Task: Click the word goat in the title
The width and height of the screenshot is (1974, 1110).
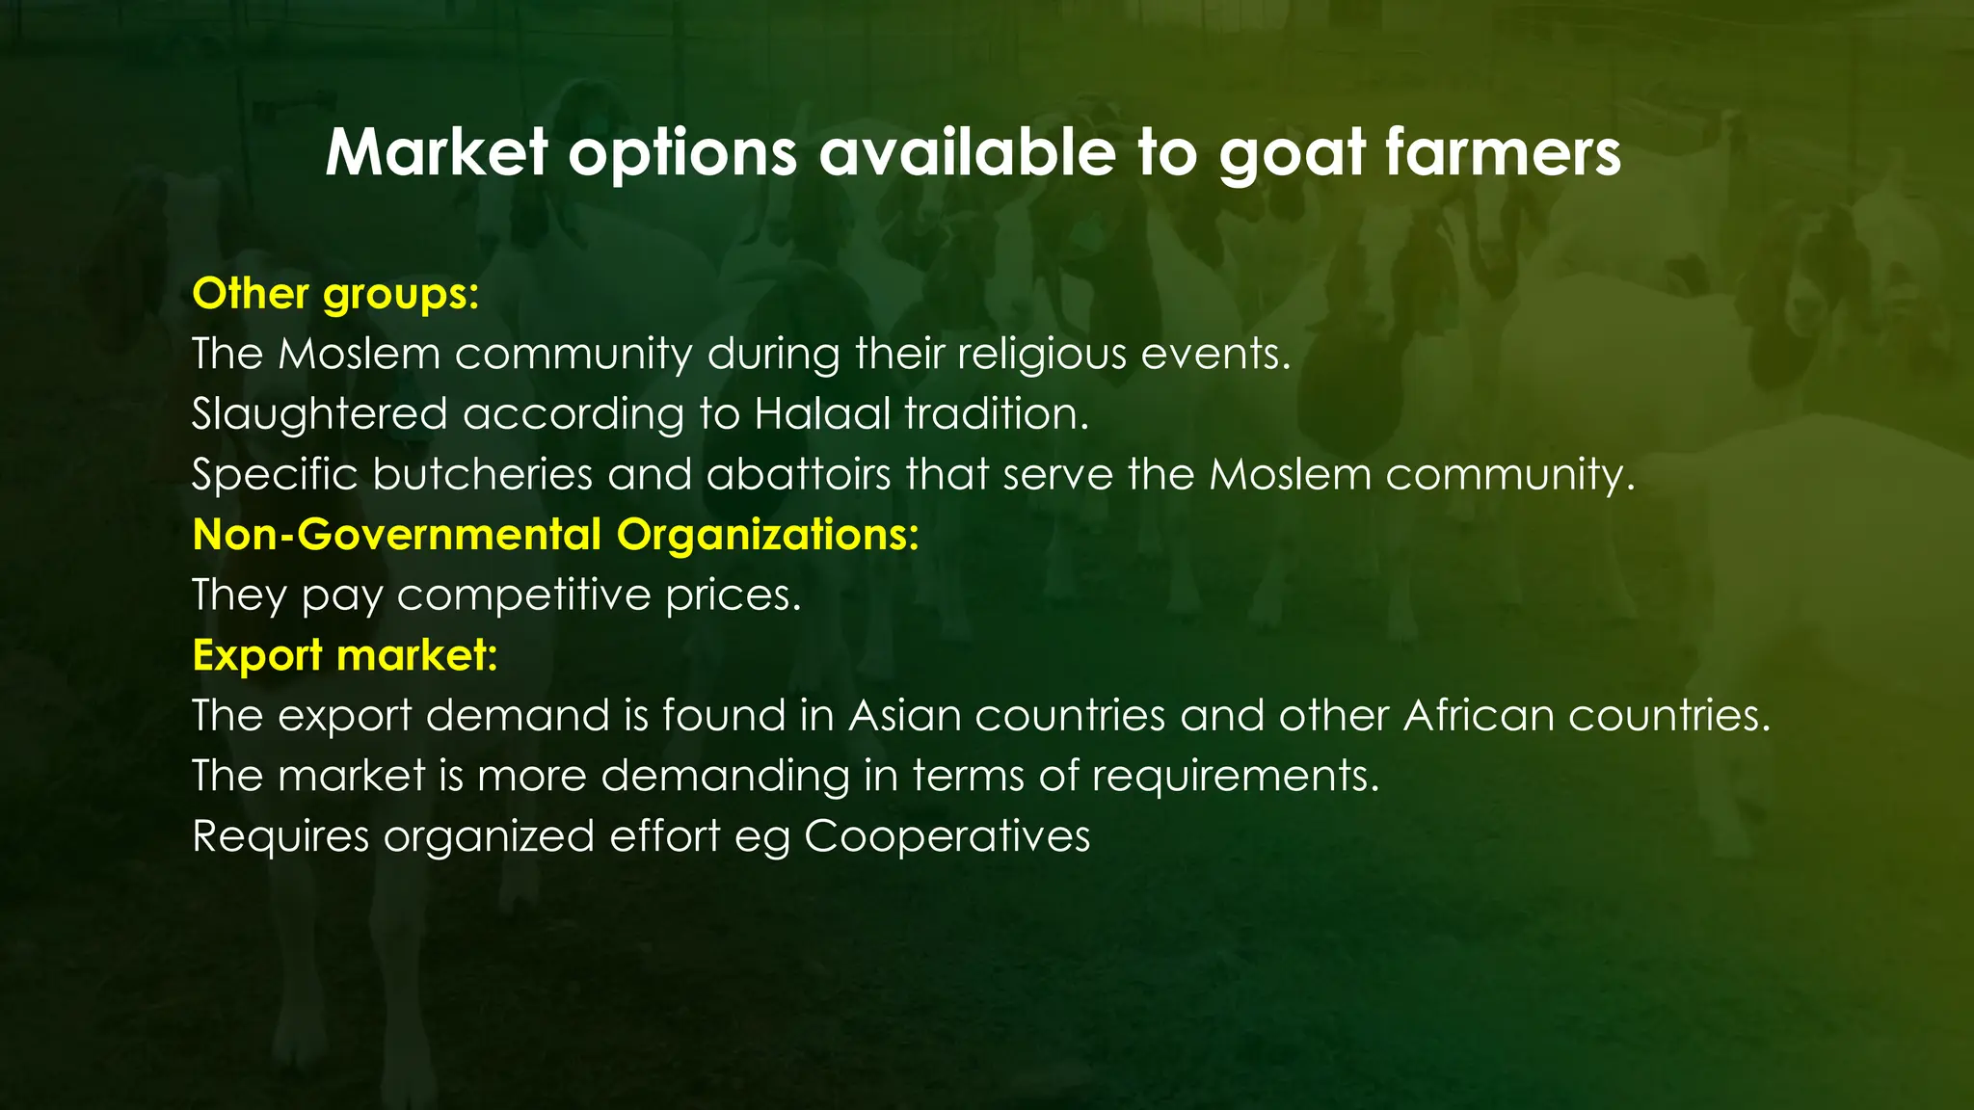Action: click(x=1292, y=154)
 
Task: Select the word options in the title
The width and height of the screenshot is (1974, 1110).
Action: click(x=682, y=154)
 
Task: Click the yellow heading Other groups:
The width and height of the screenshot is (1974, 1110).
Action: click(x=335, y=294)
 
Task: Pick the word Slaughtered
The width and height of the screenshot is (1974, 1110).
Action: click(x=319, y=414)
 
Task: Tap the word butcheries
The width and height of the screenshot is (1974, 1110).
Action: click(x=483, y=474)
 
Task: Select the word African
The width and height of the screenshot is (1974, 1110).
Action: click(x=1479, y=715)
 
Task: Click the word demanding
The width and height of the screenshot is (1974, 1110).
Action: click(x=725, y=776)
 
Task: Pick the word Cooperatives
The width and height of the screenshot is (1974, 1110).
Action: click(x=947, y=836)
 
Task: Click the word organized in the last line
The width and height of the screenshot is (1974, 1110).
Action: click(x=489, y=836)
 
